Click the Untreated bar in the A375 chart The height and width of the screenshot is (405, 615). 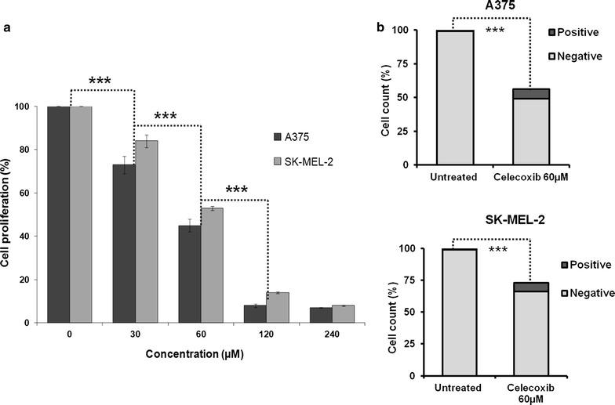click(x=454, y=98)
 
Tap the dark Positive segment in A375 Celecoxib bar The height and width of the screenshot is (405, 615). click(x=531, y=93)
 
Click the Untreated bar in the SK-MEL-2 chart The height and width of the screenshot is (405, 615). click(x=454, y=313)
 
